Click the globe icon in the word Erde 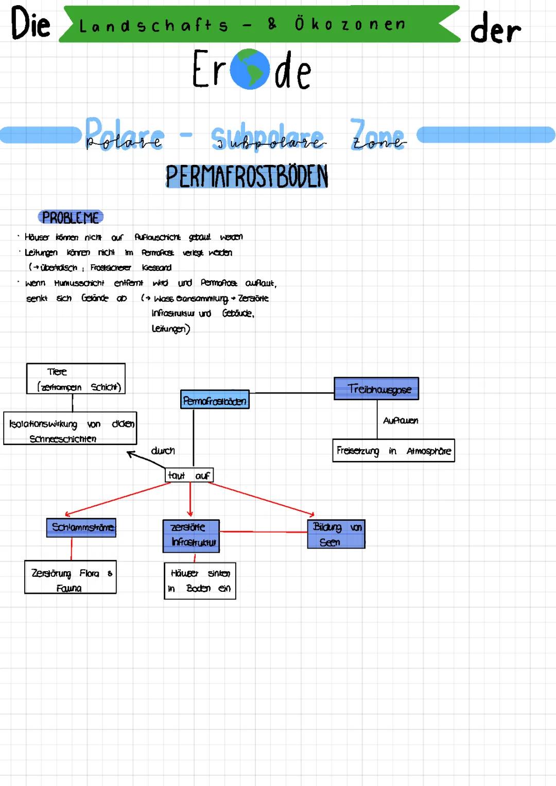[x=250, y=70]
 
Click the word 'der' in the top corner [x=495, y=29]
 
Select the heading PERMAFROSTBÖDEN [x=247, y=177]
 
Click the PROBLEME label [x=71, y=217]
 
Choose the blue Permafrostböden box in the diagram [x=215, y=400]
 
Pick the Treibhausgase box [x=376, y=388]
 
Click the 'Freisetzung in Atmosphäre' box [x=393, y=451]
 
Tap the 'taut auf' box [x=189, y=475]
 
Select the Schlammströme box [x=81, y=527]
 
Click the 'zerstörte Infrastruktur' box [x=191, y=535]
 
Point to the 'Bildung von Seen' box [x=336, y=534]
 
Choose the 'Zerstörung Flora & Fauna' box [x=71, y=577]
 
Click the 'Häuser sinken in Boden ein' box [x=200, y=580]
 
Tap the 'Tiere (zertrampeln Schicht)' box [x=76, y=379]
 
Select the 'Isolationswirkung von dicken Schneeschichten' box [x=70, y=428]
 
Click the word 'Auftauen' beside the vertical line [x=401, y=421]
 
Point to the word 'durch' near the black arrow [x=163, y=451]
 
